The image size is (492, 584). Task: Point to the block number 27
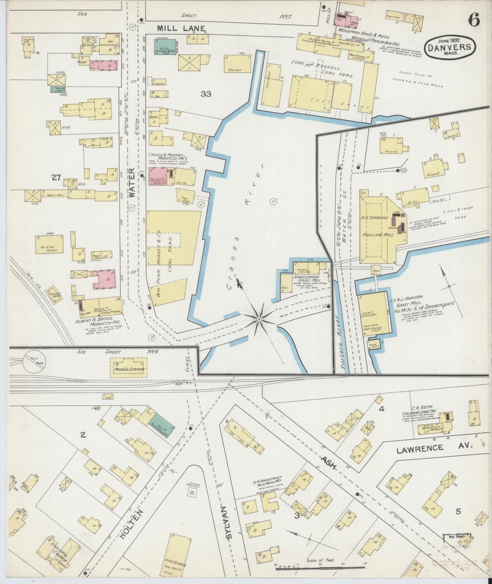[x=56, y=177]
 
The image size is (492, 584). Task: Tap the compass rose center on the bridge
[x=259, y=319]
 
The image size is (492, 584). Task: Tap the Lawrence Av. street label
[x=434, y=447]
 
